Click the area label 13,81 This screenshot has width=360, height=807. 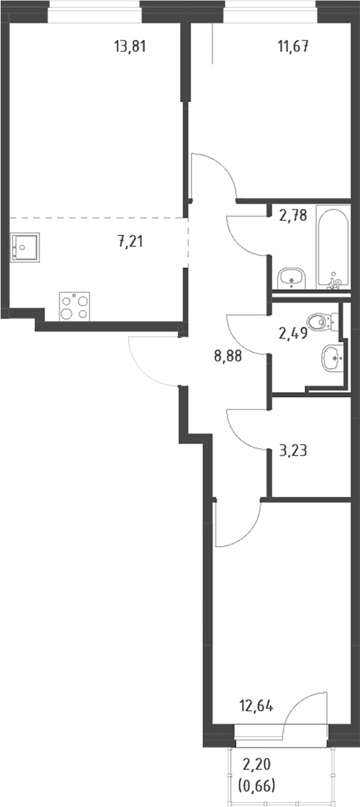130,47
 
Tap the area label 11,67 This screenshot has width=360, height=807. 293,47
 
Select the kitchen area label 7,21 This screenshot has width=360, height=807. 130,241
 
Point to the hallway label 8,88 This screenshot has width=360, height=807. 228,356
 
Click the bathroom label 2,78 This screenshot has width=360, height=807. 293,215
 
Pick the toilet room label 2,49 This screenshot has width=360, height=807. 293,333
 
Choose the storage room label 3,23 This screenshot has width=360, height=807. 293,450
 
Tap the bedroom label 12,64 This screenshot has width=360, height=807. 257,706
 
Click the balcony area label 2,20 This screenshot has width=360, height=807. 257,764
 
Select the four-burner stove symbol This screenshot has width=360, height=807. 75,307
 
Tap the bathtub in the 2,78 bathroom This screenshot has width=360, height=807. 333,247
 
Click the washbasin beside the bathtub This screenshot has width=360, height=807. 291,278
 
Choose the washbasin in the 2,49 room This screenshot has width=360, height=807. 332,357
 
